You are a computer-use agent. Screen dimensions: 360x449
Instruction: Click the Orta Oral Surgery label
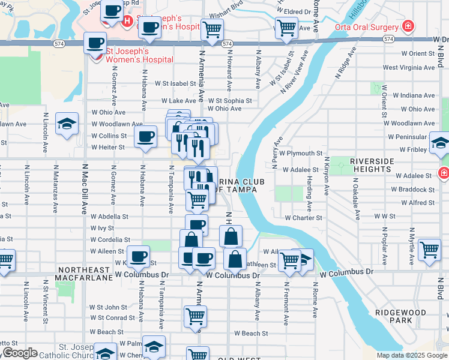click(x=367, y=27)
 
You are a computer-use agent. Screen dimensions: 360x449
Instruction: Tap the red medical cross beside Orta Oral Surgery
click(x=408, y=26)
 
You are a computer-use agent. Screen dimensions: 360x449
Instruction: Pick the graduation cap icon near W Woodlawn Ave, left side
click(x=67, y=124)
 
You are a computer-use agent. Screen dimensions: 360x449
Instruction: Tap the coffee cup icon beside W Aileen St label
click(x=137, y=257)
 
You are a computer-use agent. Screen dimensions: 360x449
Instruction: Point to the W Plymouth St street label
click(x=303, y=154)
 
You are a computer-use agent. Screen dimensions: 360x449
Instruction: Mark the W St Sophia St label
click(x=230, y=101)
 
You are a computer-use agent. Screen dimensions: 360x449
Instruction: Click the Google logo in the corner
click(x=19, y=353)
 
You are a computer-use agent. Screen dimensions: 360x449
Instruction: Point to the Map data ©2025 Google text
click(x=412, y=355)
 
